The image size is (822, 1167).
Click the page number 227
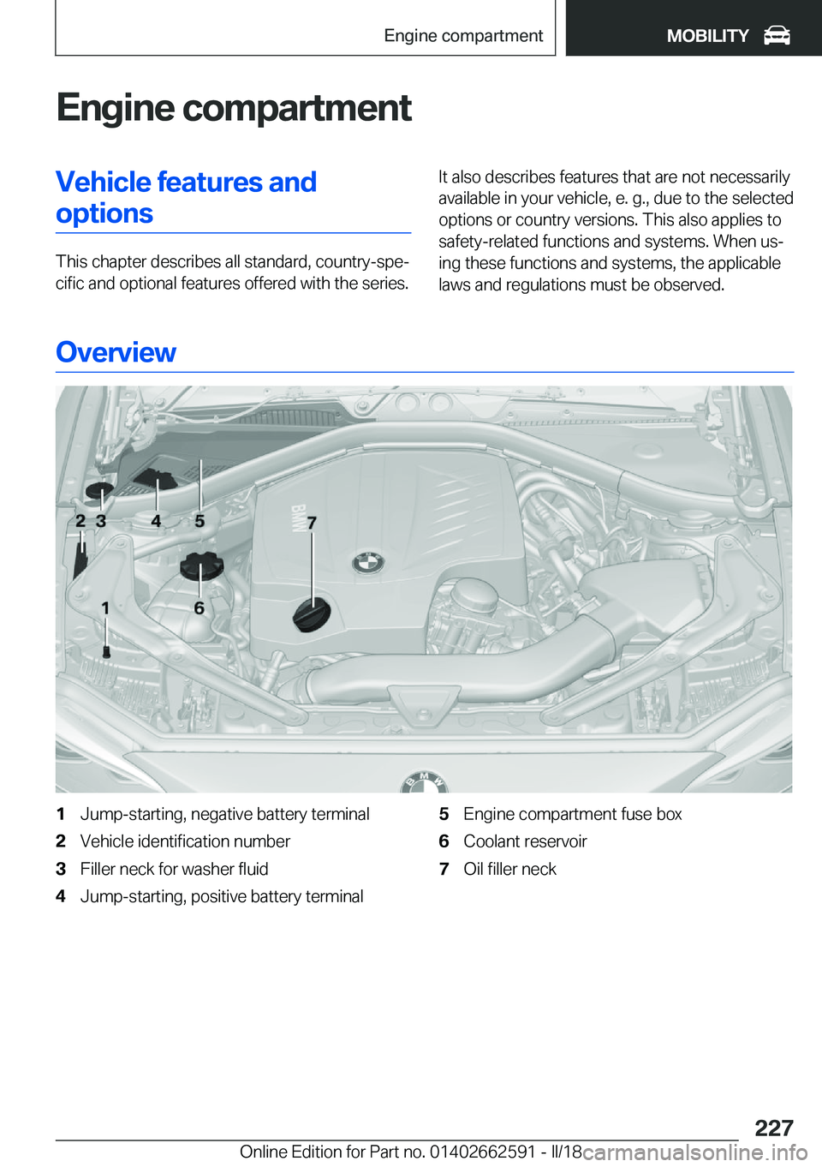773,1128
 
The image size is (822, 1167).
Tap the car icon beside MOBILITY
777,35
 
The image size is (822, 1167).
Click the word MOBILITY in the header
707,36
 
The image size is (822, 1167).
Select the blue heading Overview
116,352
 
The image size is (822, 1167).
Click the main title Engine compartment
234,108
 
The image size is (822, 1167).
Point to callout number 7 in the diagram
312,523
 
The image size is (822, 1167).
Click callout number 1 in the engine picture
105,607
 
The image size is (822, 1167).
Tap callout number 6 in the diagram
199,607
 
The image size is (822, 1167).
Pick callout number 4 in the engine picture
156,521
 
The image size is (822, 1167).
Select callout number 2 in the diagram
80,521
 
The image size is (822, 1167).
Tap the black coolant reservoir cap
201,566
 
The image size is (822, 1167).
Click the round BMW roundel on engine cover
368,563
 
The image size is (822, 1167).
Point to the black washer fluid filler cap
99,494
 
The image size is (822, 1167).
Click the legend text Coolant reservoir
525,841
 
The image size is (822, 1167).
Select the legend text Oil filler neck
509,869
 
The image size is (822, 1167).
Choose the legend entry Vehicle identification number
185,841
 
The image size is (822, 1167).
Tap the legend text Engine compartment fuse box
572,814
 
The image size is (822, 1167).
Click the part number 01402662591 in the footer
482,1152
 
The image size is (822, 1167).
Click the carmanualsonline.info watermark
694,1152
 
